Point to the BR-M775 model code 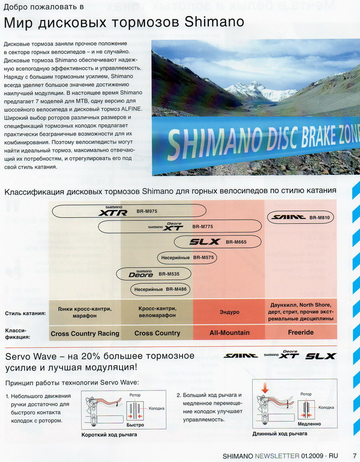pos(203,227)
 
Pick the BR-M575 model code pos(204,257)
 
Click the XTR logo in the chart pos(114,212)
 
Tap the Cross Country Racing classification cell pos(85,333)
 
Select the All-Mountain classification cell pos(229,333)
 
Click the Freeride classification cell pos(301,333)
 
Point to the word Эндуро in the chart pos(229,312)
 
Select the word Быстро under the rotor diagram pos(134,425)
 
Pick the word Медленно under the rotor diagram pos(309,424)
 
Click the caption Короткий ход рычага pos(109,435)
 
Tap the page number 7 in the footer pos(354,456)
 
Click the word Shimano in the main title pos(215,23)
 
